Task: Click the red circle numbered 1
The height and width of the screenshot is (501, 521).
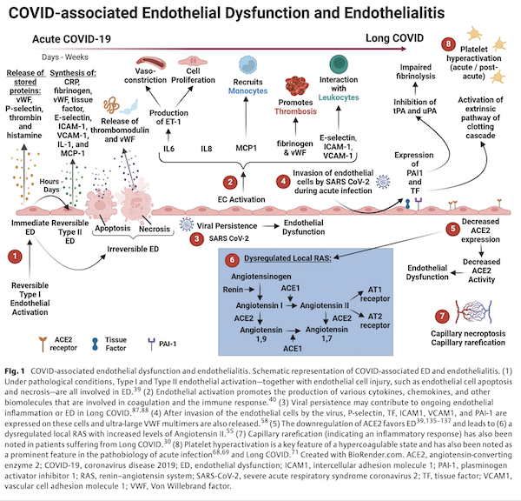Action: (x=15, y=257)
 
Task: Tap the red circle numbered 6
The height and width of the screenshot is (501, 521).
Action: (x=230, y=259)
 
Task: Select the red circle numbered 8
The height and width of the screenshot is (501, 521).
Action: (x=448, y=44)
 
